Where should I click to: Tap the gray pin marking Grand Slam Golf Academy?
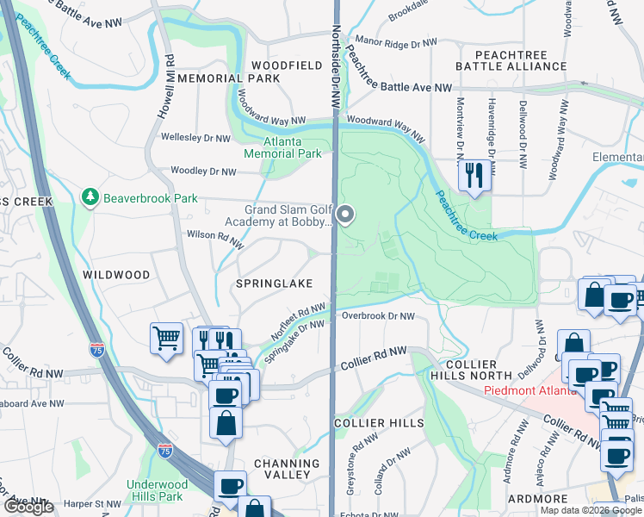click(x=345, y=214)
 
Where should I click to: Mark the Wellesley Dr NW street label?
click(x=195, y=138)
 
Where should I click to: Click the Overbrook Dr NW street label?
click(x=378, y=316)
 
